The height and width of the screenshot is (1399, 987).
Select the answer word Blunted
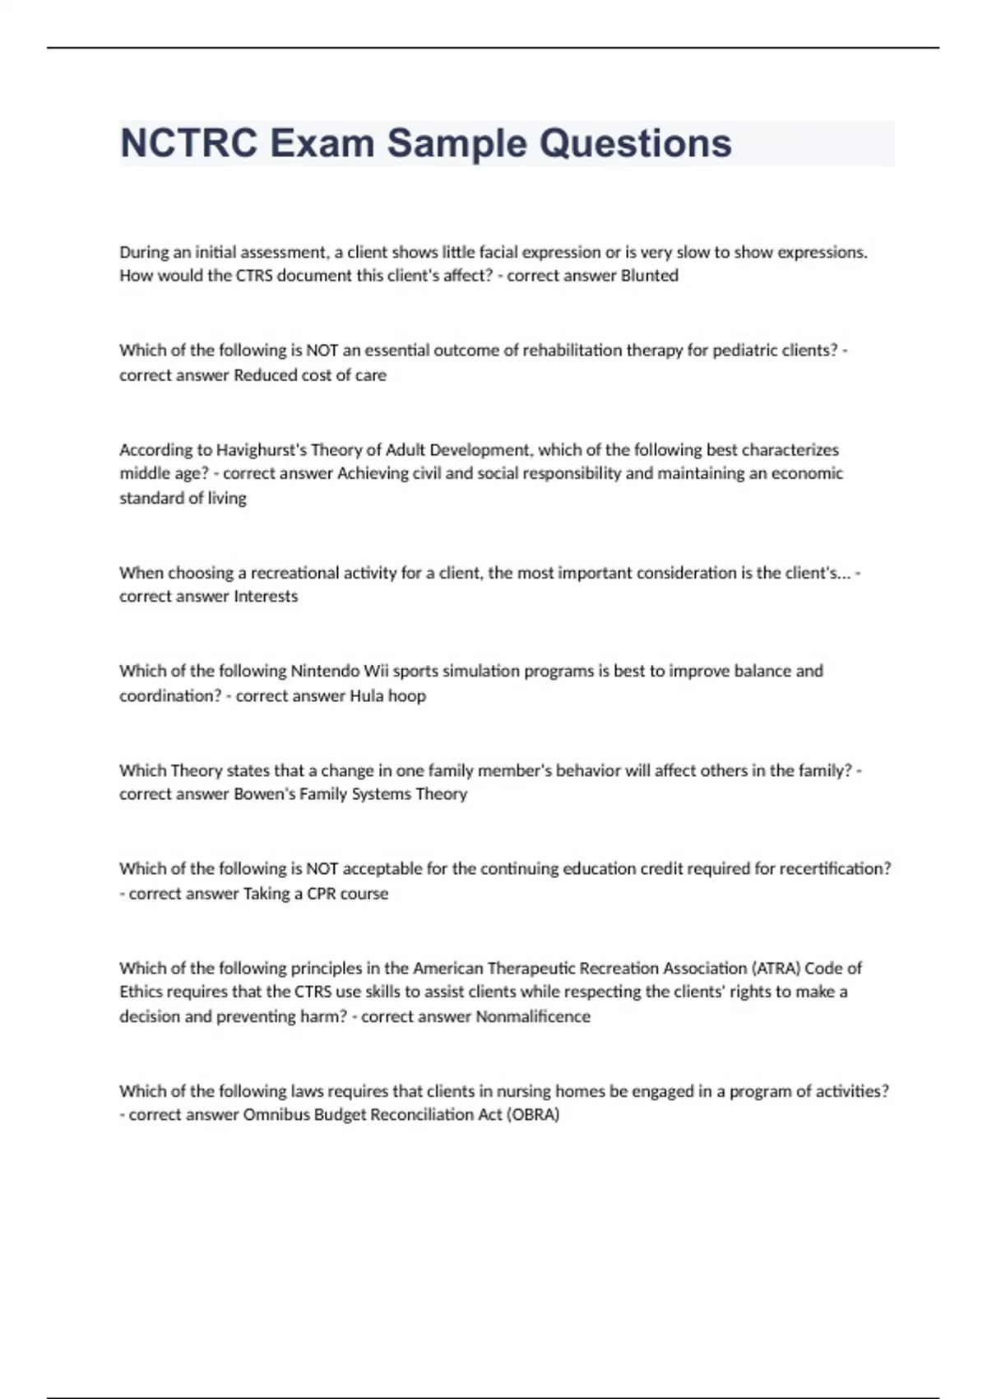point(649,276)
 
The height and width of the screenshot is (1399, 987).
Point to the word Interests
point(266,596)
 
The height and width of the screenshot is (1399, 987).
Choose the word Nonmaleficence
point(533,1016)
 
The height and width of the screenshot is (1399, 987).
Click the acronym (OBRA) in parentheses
point(533,1114)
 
